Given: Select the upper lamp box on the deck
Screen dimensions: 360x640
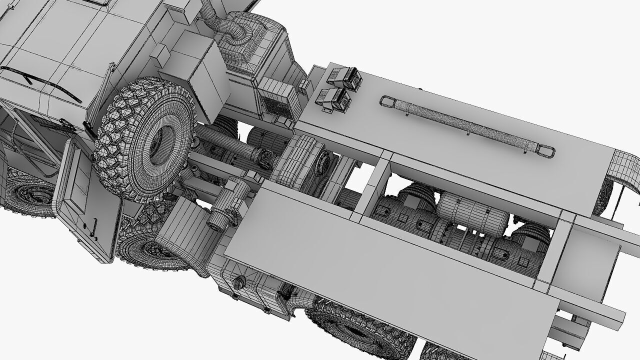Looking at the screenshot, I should pyautogui.click(x=344, y=78).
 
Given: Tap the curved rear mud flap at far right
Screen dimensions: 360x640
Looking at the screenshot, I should pyautogui.click(x=625, y=170).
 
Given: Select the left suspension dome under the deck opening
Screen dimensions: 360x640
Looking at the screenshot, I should pyautogui.click(x=417, y=197).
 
